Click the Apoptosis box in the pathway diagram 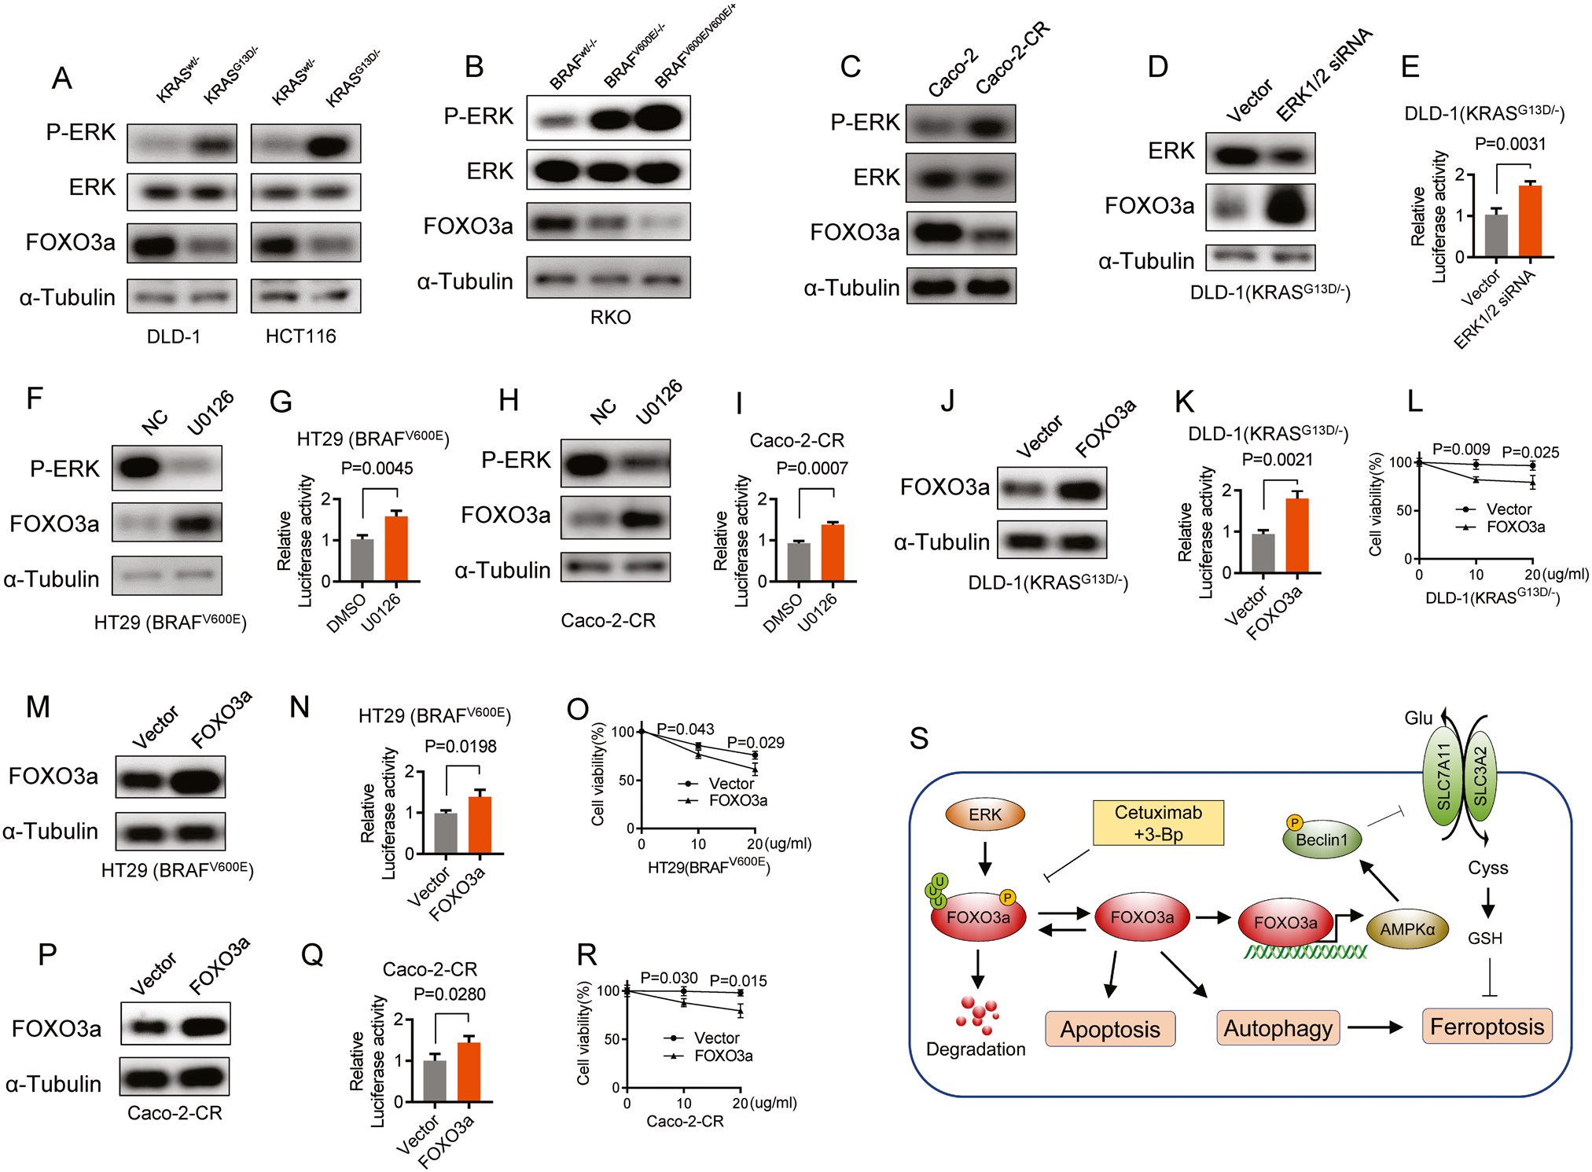click(1109, 1029)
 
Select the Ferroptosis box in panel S click(1487, 1027)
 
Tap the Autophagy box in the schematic click(1278, 1028)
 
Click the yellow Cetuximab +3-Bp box click(1158, 823)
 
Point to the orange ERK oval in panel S click(985, 815)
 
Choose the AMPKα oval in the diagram click(1407, 929)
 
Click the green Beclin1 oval click(1322, 840)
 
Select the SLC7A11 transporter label click(1443, 777)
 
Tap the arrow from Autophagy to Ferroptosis click(1375, 1027)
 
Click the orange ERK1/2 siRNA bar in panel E click(1530, 221)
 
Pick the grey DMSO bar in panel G click(362, 560)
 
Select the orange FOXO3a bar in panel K click(1297, 535)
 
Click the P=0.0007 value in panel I click(812, 468)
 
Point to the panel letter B click(474, 68)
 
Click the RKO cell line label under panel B click(610, 318)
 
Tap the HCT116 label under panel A click(300, 336)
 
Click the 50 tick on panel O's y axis click(627, 781)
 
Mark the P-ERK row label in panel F click(64, 469)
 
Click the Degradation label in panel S click(976, 1049)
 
